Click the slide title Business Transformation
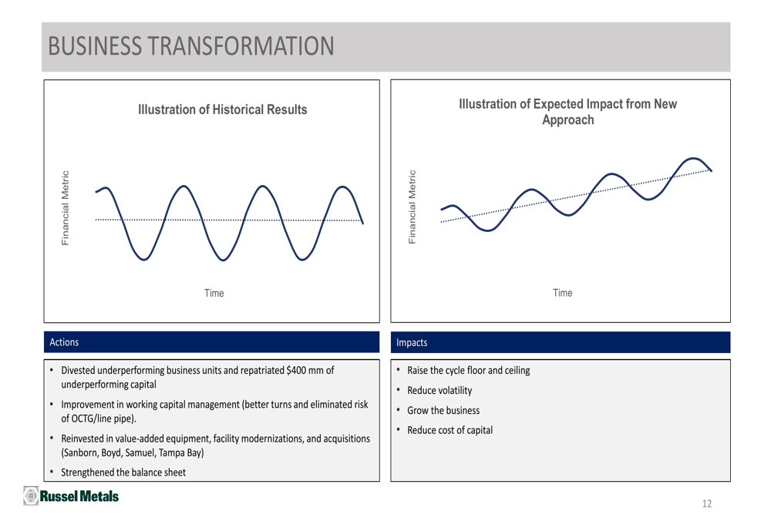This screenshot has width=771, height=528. pos(191,45)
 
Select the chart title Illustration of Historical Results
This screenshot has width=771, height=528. pos(222,110)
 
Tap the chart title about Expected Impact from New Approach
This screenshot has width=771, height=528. pos(568,113)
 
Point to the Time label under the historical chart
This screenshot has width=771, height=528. pos(214,293)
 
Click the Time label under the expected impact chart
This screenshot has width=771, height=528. pos(563,293)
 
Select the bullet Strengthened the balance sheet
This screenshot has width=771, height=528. pos(123,473)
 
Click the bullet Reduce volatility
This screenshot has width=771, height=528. pos(439,390)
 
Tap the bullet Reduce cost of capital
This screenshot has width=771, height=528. pos(449,429)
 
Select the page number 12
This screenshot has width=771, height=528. pos(707,504)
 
